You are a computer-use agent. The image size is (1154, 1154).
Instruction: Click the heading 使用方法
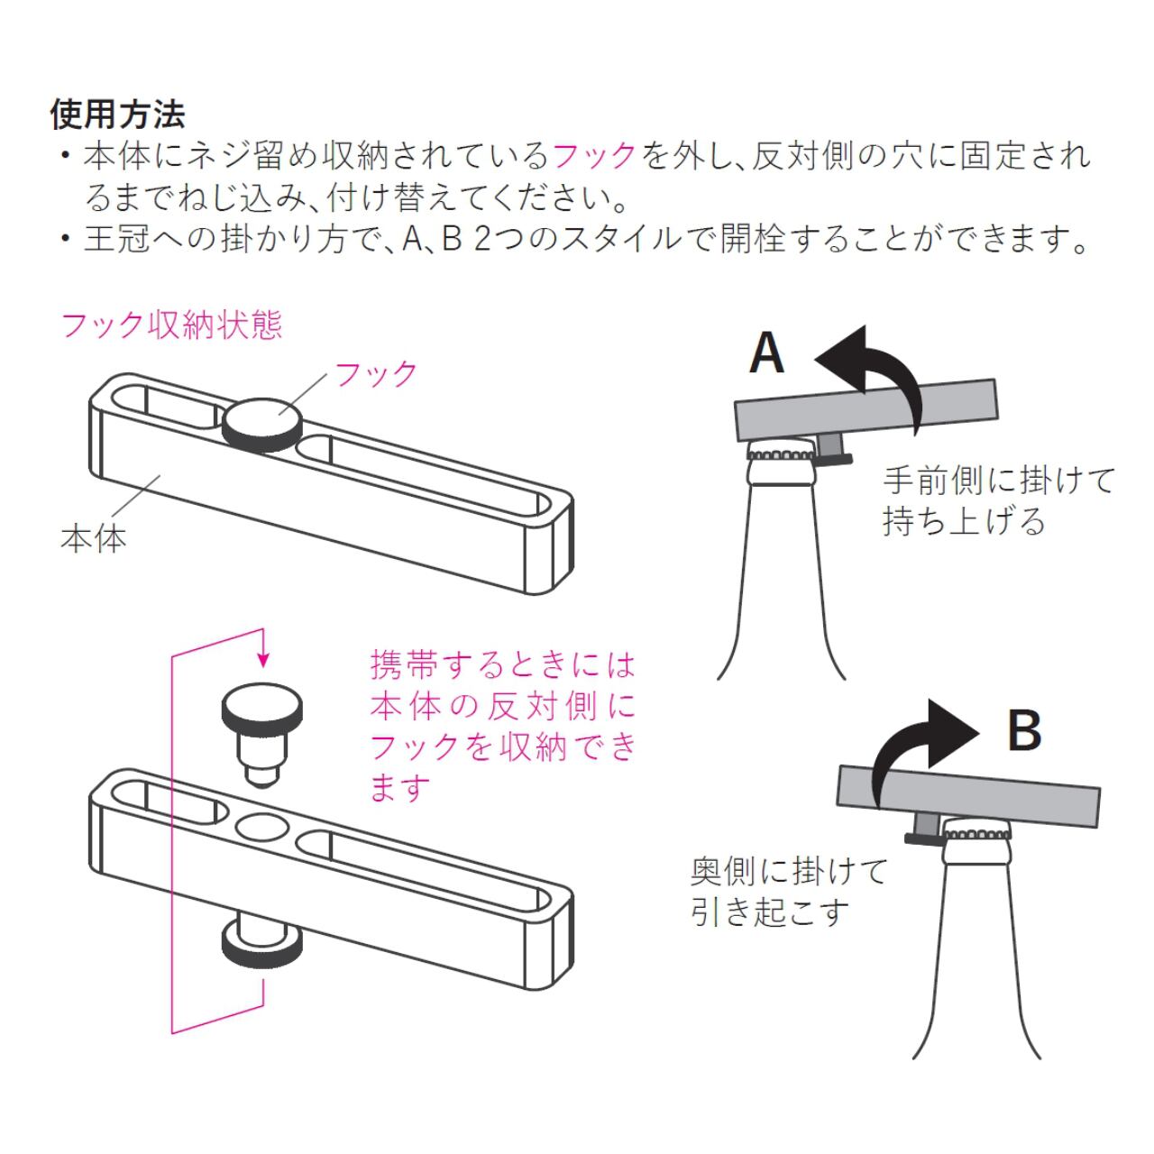coord(118,114)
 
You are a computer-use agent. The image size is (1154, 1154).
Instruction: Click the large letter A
coord(767,353)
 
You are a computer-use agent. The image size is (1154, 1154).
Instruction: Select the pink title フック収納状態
coord(171,325)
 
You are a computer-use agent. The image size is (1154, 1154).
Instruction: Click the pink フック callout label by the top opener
coord(377,373)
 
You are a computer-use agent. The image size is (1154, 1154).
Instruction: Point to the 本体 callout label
coord(93,538)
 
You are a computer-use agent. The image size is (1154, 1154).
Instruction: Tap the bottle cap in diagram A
coord(781,451)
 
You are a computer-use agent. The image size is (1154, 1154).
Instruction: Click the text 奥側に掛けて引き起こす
coord(790,892)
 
